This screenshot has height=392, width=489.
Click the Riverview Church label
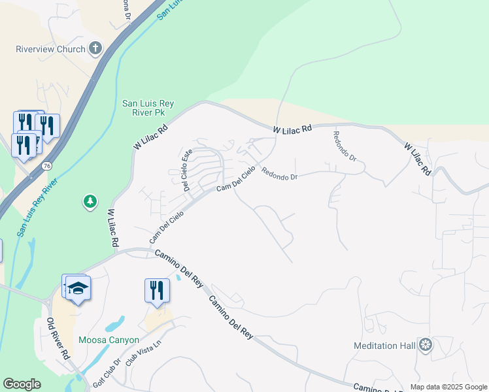50,49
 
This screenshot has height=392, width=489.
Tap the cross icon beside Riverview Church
95,48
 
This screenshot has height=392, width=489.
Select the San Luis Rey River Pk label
148,108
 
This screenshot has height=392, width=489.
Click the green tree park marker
90,202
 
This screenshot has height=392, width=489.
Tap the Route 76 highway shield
46,167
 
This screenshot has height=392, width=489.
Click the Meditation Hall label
384,346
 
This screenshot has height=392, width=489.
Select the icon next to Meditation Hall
426,344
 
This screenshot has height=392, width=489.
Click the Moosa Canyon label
109,340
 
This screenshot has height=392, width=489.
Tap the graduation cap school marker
78,289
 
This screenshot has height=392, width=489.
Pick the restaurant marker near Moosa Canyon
157,289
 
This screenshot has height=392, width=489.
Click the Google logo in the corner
22,384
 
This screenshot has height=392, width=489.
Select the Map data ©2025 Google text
448,387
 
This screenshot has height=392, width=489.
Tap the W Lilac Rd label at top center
292,131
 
